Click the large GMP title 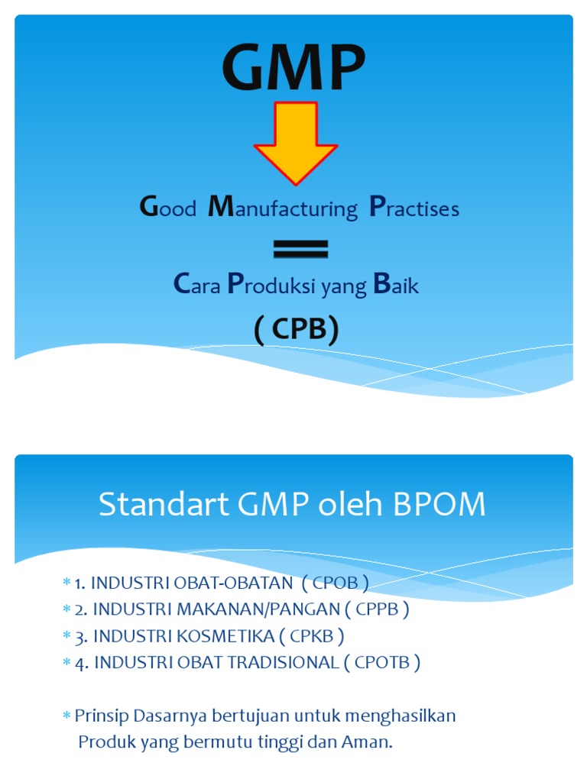pyautogui.click(x=293, y=68)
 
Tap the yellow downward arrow pyautogui.click(x=295, y=141)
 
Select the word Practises pyautogui.click(x=414, y=208)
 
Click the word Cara pyautogui.click(x=197, y=286)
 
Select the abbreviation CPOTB pyautogui.click(x=387, y=662)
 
